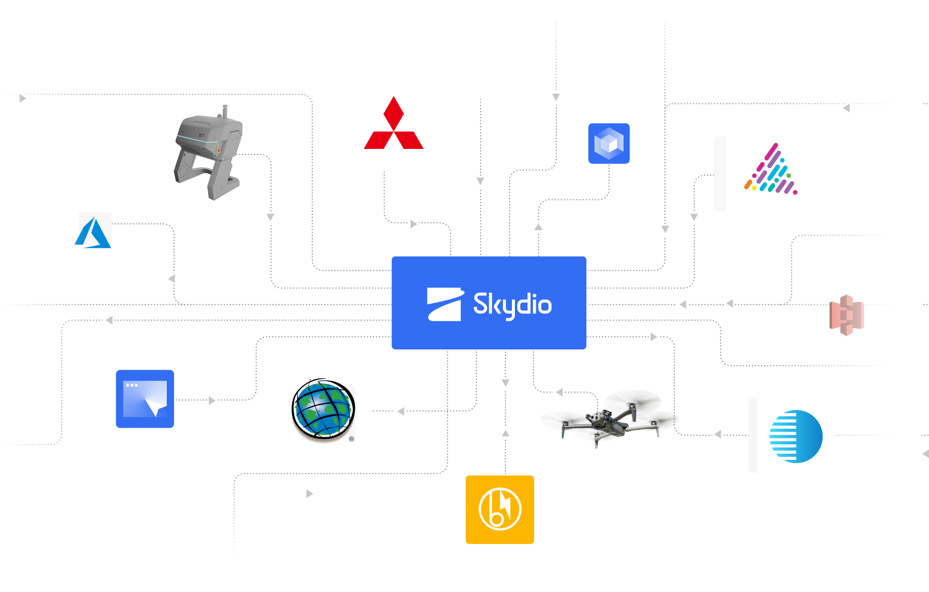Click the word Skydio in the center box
click(x=512, y=305)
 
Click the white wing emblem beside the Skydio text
click(x=445, y=304)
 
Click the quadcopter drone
click(x=609, y=416)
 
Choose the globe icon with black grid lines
click(x=324, y=409)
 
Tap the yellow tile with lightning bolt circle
click(x=500, y=510)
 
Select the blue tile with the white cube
click(x=609, y=143)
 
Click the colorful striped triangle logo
click(x=771, y=171)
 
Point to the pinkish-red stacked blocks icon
click(x=846, y=315)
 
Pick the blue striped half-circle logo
click(x=796, y=436)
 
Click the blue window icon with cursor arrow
click(x=145, y=399)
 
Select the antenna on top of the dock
click(x=225, y=111)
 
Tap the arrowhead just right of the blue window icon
click(x=213, y=400)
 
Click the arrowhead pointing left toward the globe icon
click(x=400, y=411)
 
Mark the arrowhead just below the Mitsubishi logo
click(x=414, y=224)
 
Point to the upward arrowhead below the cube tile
click(x=538, y=226)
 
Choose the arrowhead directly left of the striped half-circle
click(x=717, y=434)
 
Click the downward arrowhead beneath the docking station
click(x=271, y=218)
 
